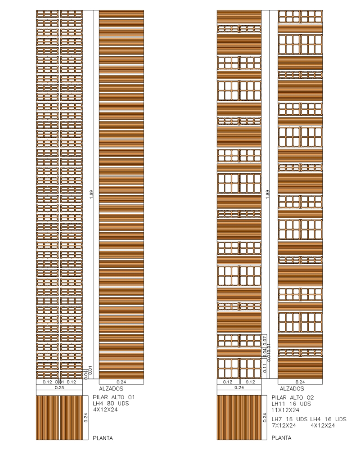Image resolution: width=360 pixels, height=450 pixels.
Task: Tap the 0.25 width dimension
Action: [59, 387]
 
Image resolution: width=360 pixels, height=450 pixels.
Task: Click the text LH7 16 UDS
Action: [289, 419]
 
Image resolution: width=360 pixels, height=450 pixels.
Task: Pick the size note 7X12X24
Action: [284, 425]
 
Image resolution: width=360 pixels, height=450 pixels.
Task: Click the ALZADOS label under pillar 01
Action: [111, 388]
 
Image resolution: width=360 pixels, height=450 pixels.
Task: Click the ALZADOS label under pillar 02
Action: [292, 388]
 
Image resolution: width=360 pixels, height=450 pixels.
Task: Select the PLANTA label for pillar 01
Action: [103, 438]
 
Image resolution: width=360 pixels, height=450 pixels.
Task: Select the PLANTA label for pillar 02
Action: [282, 438]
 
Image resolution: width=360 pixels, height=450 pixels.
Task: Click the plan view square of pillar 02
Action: [239, 417]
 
